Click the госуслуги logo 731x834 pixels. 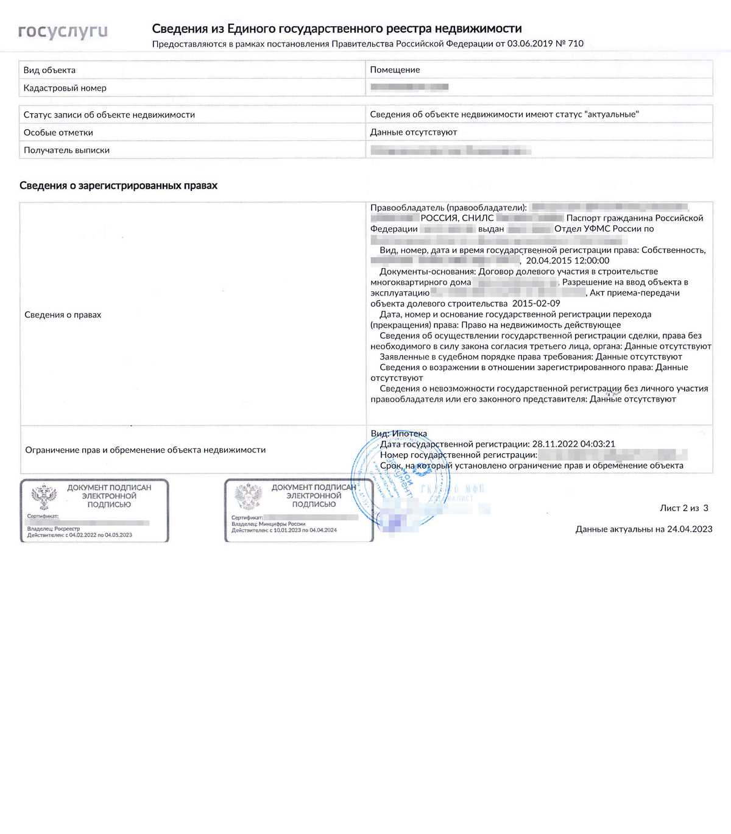63,31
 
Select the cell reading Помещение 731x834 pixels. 395,70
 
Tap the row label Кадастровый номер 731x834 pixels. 65,88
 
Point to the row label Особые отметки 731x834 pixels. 58,133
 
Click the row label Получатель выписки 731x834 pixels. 66,150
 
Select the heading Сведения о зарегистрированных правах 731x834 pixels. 118,186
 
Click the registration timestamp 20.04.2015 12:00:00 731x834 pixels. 568,261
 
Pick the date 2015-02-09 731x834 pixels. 536,303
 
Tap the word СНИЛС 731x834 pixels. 478,218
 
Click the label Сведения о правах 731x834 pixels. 63,315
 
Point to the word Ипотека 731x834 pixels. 409,434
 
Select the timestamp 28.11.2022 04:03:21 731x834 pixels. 573,444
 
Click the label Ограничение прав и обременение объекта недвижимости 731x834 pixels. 145,450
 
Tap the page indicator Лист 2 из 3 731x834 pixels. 683,508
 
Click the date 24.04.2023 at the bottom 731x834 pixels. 690,529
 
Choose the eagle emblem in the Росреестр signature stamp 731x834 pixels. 44,497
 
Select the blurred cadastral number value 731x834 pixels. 409,88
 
